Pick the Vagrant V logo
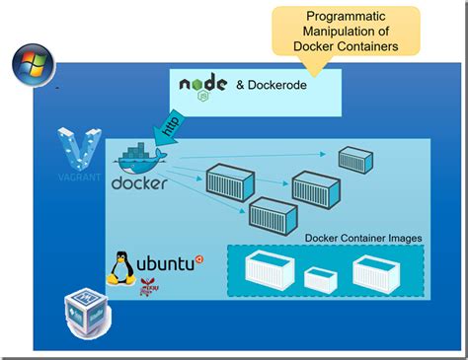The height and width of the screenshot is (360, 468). (x=76, y=148)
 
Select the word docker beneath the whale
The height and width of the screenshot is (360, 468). (x=139, y=183)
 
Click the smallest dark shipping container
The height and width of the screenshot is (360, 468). (x=354, y=160)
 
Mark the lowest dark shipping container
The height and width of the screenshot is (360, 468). (x=273, y=213)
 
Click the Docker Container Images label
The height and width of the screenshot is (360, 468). (x=363, y=238)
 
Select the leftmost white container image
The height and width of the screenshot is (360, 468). (x=270, y=270)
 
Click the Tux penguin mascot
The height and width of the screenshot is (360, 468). (x=121, y=266)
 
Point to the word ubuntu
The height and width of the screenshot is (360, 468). (x=164, y=264)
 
